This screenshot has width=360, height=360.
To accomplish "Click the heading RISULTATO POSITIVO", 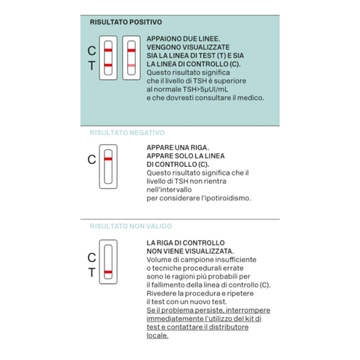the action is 126,22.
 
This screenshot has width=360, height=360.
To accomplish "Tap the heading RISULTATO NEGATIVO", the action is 127,133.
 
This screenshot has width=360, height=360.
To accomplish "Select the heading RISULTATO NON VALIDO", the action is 131,226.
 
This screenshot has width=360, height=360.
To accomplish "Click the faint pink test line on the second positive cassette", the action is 131,65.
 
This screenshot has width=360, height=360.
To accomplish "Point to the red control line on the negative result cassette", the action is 108,159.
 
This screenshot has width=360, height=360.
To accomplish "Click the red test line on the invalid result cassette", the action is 108,272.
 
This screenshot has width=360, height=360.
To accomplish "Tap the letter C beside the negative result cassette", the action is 91,160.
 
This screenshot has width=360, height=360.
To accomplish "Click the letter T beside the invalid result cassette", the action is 91,273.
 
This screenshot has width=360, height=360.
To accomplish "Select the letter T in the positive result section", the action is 91,66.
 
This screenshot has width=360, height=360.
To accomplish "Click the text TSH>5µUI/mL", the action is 205,89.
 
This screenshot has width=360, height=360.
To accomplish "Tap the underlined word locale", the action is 157,335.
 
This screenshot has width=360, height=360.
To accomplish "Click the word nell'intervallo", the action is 169,189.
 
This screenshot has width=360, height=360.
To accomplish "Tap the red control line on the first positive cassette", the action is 108,50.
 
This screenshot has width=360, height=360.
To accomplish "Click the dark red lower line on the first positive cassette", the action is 108,65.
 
